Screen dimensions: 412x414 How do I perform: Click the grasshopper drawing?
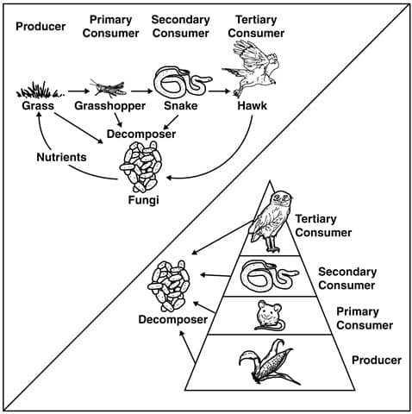[x=108, y=88]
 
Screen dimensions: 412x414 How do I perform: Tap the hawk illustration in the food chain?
[x=251, y=68]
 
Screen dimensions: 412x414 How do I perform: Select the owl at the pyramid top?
[x=271, y=222]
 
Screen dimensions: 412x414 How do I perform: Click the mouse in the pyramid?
[x=270, y=315]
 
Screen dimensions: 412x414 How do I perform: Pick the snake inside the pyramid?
[x=270, y=276]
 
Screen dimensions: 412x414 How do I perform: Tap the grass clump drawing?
[x=40, y=91]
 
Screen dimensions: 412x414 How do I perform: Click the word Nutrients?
[x=61, y=157]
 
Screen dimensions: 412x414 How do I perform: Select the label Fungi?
[x=143, y=200]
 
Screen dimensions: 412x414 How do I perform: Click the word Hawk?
[x=252, y=106]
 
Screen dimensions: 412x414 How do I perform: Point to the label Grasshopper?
[x=109, y=106]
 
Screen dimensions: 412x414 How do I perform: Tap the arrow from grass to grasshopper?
[x=79, y=91]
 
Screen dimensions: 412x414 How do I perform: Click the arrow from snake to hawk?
[x=220, y=91]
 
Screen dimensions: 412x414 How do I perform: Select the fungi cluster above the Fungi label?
[x=141, y=166]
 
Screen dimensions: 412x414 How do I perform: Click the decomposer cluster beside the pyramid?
[x=169, y=286]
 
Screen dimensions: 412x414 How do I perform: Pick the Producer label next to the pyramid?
[x=377, y=360]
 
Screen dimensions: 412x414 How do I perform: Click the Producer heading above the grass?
[x=41, y=27]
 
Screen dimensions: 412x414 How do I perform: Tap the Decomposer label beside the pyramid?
[x=173, y=320]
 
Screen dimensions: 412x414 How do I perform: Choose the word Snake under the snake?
[x=181, y=106]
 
